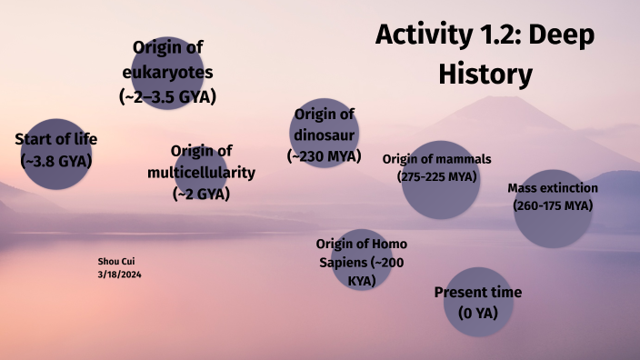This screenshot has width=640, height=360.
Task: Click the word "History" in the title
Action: pyautogui.click(x=485, y=74)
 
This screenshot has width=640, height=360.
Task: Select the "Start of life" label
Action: pyautogui.click(x=55, y=139)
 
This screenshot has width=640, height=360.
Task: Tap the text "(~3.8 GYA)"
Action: pyautogui.click(x=55, y=160)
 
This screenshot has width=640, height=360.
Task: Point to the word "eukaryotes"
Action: pyautogui.click(x=167, y=71)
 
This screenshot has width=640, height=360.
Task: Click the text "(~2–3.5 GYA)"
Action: pyautogui.click(x=167, y=95)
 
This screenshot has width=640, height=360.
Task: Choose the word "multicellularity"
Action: pyautogui.click(x=201, y=172)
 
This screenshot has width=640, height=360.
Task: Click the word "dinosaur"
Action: pyautogui.click(x=324, y=135)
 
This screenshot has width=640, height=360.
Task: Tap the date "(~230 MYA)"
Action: pyautogui.click(x=324, y=155)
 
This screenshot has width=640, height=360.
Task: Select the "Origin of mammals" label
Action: pyautogui.click(x=436, y=159)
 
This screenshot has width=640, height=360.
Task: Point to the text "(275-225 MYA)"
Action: pyautogui.click(x=437, y=176)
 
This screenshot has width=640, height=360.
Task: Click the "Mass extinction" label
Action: pyautogui.click(x=553, y=188)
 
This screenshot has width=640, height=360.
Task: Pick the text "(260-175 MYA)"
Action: pyautogui.click(x=553, y=205)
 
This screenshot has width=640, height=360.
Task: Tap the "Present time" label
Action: pyautogui.click(x=478, y=293)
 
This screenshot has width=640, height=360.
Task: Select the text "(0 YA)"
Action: pyautogui.click(x=478, y=314)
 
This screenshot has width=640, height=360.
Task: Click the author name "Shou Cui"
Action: pyautogui.click(x=114, y=261)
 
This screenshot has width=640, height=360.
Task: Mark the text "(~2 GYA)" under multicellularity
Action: pyautogui.click(x=201, y=193)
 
